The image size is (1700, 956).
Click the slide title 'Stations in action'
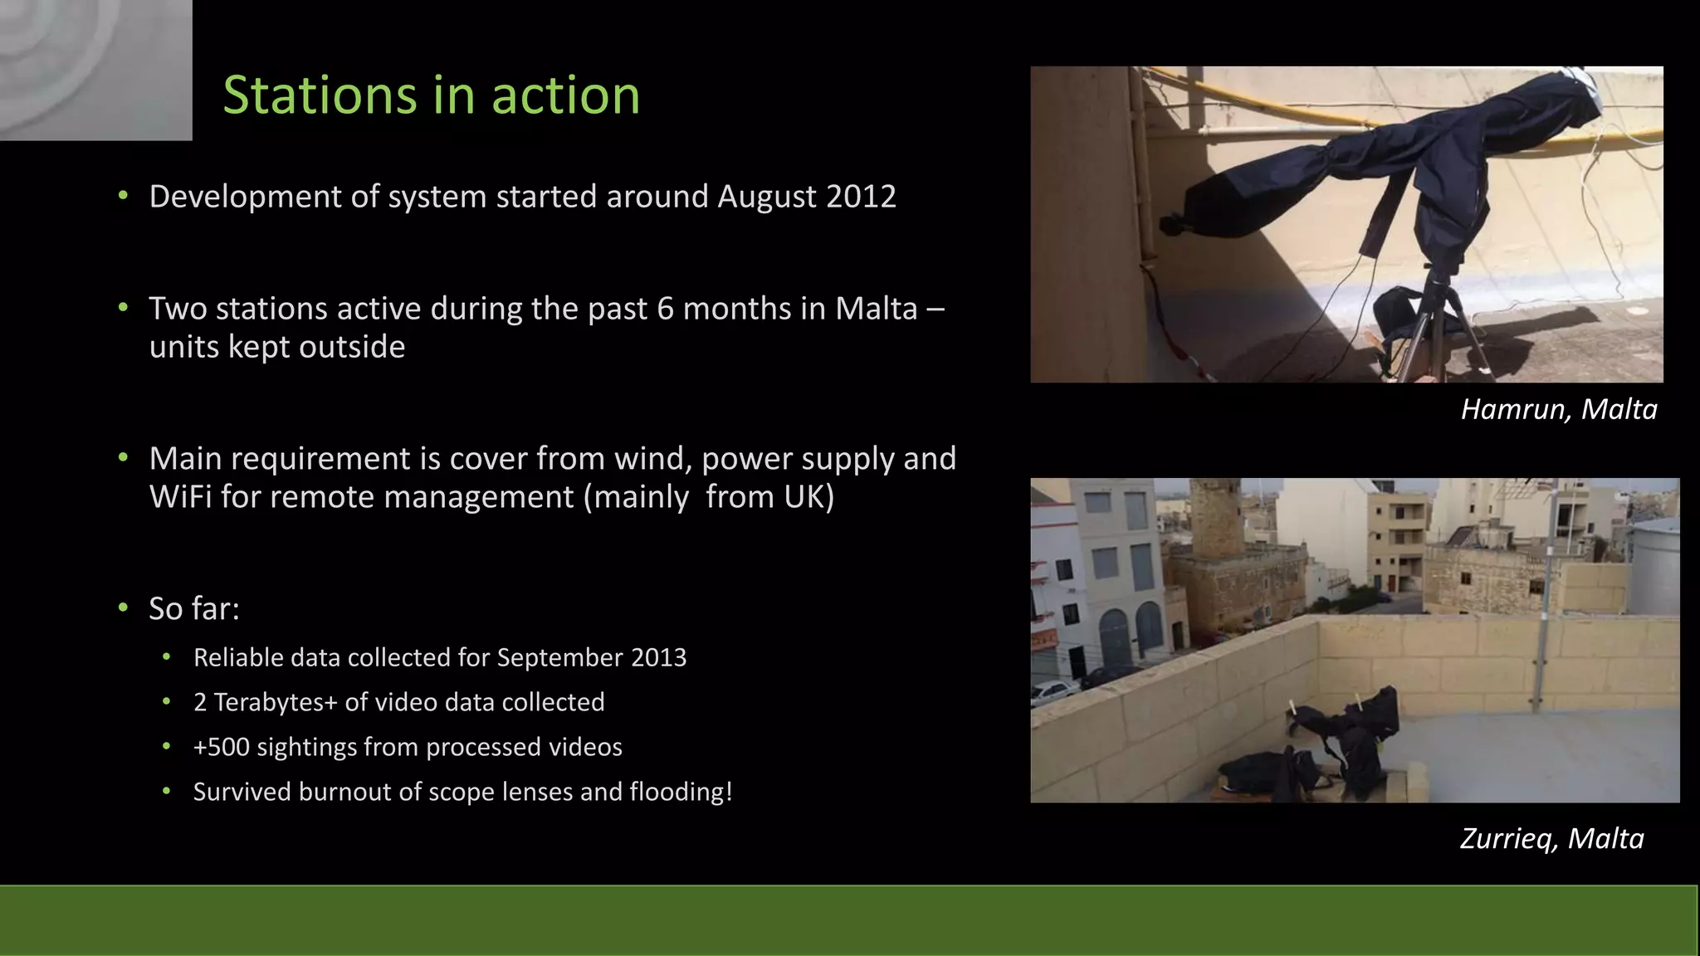(431, 95)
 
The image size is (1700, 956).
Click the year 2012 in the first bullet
(861, 197)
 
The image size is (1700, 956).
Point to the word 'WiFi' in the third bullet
(180, 497)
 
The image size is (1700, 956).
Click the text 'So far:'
(194, 609)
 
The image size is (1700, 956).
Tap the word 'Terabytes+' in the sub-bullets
(276, 703)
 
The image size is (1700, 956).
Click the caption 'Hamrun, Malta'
(1558, 410)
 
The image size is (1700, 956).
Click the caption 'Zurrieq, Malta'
(1551, 839)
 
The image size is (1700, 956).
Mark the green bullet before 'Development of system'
(124, 197)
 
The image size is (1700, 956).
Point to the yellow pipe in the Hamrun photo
(1245, 100)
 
